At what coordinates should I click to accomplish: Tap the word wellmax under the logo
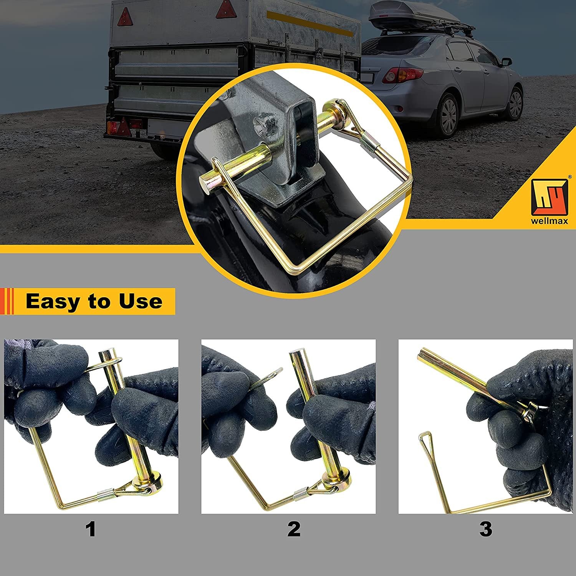550,222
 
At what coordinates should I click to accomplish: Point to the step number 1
91,530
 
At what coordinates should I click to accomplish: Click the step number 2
294,530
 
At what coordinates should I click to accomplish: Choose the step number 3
486,530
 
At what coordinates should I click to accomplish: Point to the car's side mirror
506,61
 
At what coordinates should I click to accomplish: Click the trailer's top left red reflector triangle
124,17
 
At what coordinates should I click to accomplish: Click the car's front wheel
515,103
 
